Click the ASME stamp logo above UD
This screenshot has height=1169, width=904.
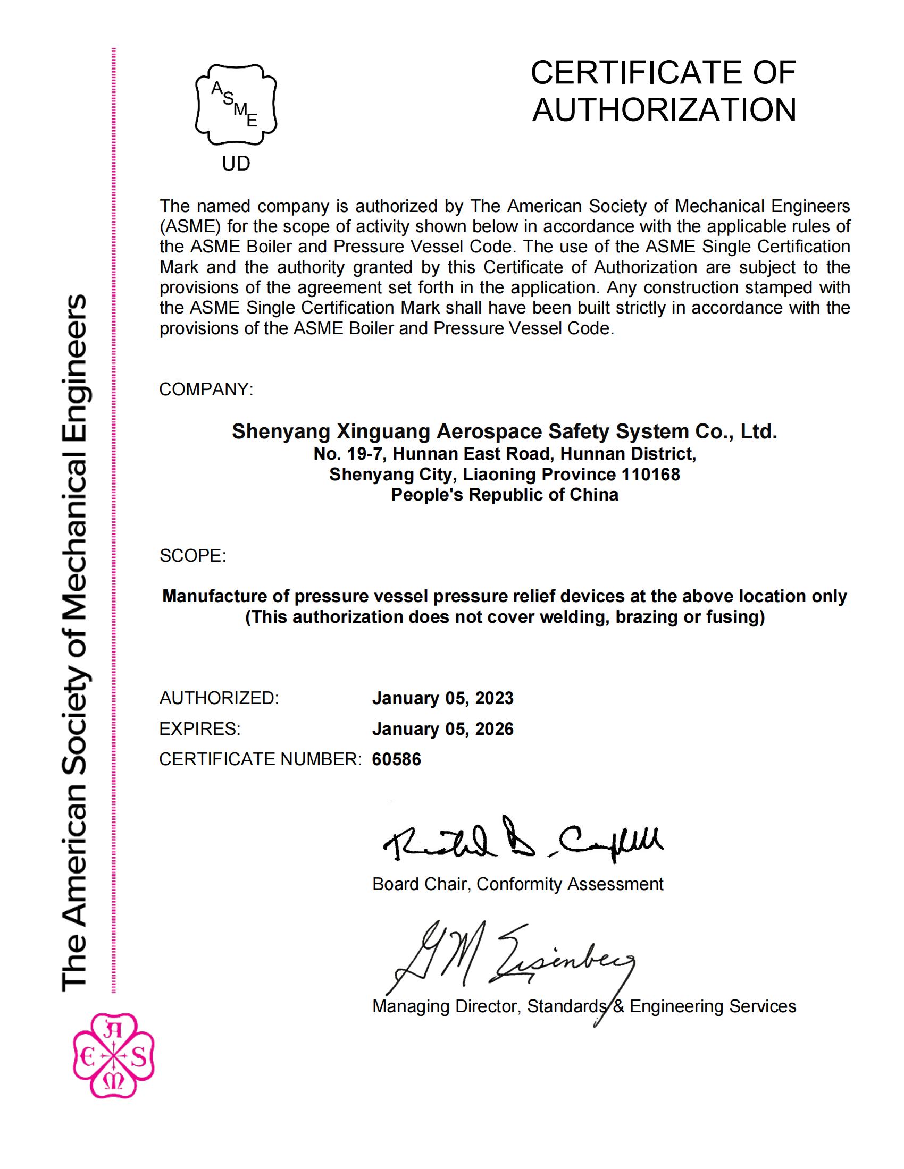(236, 104)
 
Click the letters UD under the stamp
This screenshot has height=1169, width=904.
(236, 164)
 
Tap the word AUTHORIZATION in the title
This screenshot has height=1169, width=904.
(664, 110)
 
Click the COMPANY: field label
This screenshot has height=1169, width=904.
(206, 389)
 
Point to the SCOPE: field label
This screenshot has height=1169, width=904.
(193, 556)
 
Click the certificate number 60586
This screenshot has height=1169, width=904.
(396, 759)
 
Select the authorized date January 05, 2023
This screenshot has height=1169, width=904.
(443, 698)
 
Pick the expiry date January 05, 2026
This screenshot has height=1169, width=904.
(443, 728)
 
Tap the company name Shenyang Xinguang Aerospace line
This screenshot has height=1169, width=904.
(504, 431)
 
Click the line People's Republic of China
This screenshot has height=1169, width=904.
(505, 495)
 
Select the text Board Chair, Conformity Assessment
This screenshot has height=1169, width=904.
(517, 884)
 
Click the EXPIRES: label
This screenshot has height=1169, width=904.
(200, 728)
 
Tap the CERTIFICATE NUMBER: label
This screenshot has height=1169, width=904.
(260, 759)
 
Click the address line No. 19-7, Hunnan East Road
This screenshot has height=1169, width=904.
(505, 454)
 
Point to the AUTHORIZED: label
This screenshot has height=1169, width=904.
(219, 698)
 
